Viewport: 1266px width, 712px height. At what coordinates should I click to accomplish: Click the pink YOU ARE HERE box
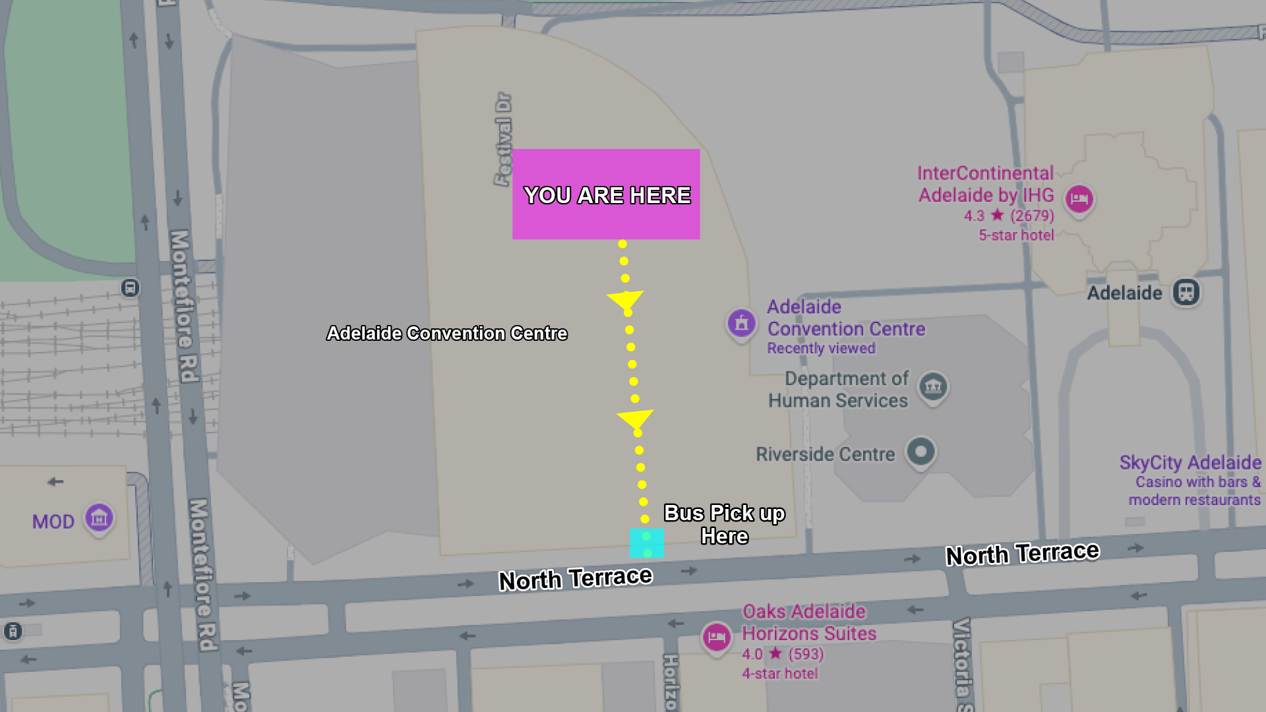(x=606, y=194)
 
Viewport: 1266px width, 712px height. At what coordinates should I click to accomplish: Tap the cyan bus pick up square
(x=647, y=543)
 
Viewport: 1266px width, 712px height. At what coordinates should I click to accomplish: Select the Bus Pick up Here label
(x=724, y=525)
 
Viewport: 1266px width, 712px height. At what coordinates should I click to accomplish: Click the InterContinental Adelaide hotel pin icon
(x=1079, y=198)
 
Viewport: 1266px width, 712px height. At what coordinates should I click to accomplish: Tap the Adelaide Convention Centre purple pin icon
(x=741, y=323)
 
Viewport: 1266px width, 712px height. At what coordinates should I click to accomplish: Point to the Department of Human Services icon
(x=933, y=386)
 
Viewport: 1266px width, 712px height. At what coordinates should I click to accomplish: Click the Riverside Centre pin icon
(x=920, y=452)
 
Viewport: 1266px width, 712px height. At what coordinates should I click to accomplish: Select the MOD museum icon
(x=99, y=518)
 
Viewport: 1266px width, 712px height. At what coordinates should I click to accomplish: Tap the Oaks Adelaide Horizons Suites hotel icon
(x=717, y=637)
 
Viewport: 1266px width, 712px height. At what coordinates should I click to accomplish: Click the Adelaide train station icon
(x=1186, y=292)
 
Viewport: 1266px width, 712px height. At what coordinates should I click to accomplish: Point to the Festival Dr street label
(x=503, y=139)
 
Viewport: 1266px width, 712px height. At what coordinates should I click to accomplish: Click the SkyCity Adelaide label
(x=1190, y=463)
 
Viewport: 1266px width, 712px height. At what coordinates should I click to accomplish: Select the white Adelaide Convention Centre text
(x=447, y=334)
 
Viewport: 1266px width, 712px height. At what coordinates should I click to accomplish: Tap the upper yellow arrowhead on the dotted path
(x=625, y=300)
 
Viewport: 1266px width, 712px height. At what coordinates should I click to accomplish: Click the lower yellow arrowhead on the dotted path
(x=635, y=419)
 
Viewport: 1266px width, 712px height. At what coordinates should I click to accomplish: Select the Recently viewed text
(x=821, y=348)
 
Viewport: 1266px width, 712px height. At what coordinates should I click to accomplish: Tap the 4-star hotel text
(x=779, y=674)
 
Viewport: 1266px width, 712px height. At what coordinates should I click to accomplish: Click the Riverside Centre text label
(x=825, y=454)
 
